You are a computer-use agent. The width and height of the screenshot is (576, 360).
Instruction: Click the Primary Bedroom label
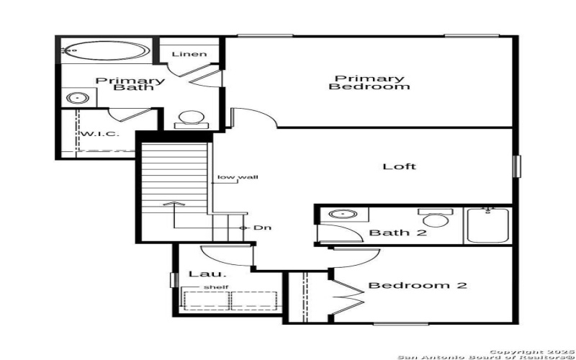tap(369, 82)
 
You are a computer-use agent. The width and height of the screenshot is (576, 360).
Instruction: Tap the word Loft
tap(400, 166)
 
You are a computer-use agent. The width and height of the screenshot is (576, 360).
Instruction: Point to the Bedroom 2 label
tap(418, 286)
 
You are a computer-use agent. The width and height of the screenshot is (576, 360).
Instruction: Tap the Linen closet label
tap(189, 54)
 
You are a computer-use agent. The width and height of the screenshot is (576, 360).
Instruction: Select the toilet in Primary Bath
tap(192, 118)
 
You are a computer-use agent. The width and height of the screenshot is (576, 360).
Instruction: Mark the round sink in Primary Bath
tap(76, 99)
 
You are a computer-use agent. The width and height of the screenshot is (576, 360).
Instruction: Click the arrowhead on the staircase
tap(171, 204)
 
